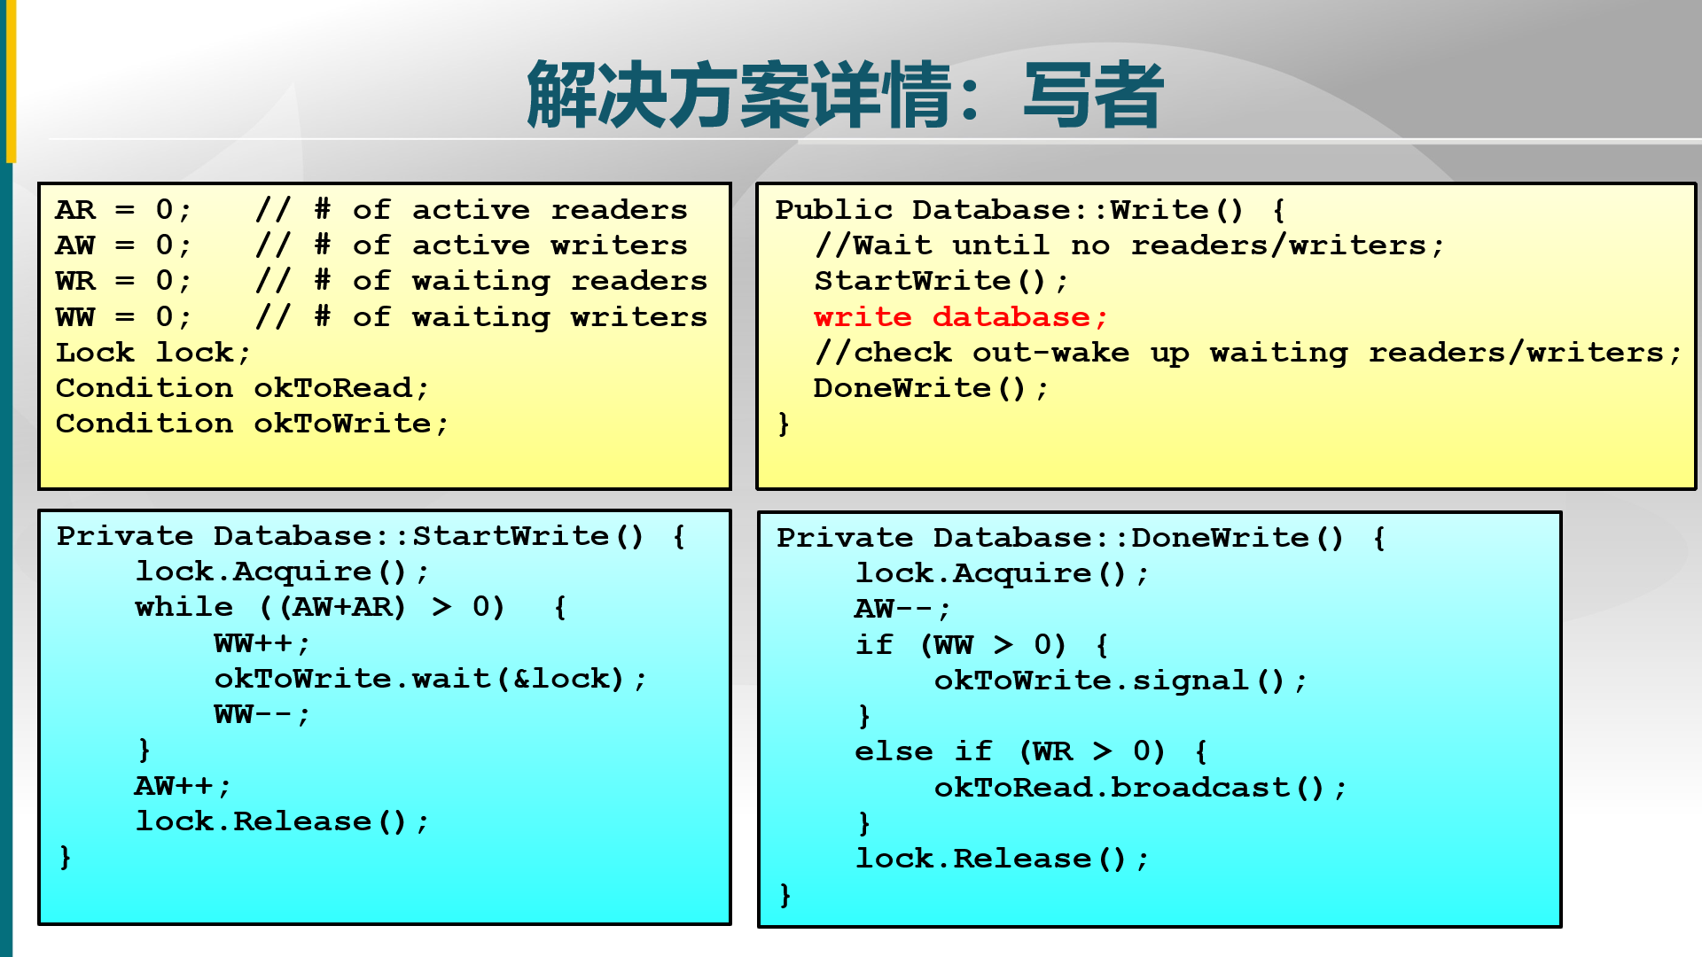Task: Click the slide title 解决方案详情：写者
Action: point(844,94)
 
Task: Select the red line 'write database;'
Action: point(960,317)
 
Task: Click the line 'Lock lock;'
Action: point(152,353)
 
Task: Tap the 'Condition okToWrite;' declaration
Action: point(252,424)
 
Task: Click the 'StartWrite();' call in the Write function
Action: point(941,281)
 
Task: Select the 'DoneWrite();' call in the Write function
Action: point(931,388)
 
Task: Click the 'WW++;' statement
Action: point(262,642)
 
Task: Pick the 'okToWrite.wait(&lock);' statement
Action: point(430,679)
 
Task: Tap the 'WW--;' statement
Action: point(262,714)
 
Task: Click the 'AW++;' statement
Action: point(183,786)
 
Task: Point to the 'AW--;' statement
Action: point(902,609)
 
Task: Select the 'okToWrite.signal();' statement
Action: point(1120,681)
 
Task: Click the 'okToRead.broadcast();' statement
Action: point(1140,788)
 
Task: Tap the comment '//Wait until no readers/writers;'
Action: point(1129,245)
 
